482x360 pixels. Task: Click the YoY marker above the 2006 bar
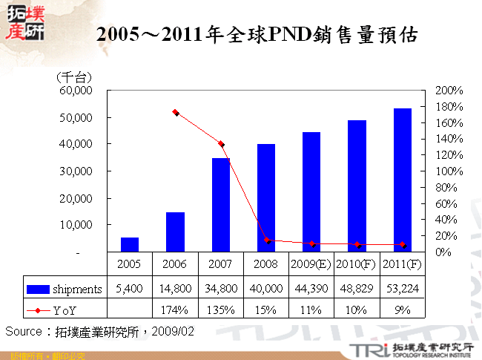coord(176,112)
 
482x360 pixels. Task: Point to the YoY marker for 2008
coord(267,240)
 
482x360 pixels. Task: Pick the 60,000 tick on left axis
coord(75,91)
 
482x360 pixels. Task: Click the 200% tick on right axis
coord(449,91)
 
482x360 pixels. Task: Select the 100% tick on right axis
coord(449,171)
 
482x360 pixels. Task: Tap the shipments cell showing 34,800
coord(220,288)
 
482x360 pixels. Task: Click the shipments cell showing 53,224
coord(403,288)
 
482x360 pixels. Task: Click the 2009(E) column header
coord(311,264)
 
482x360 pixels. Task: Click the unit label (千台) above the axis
coord(73,76)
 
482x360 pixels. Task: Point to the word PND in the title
coord(293,34)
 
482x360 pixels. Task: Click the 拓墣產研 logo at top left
coord(24,22)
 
